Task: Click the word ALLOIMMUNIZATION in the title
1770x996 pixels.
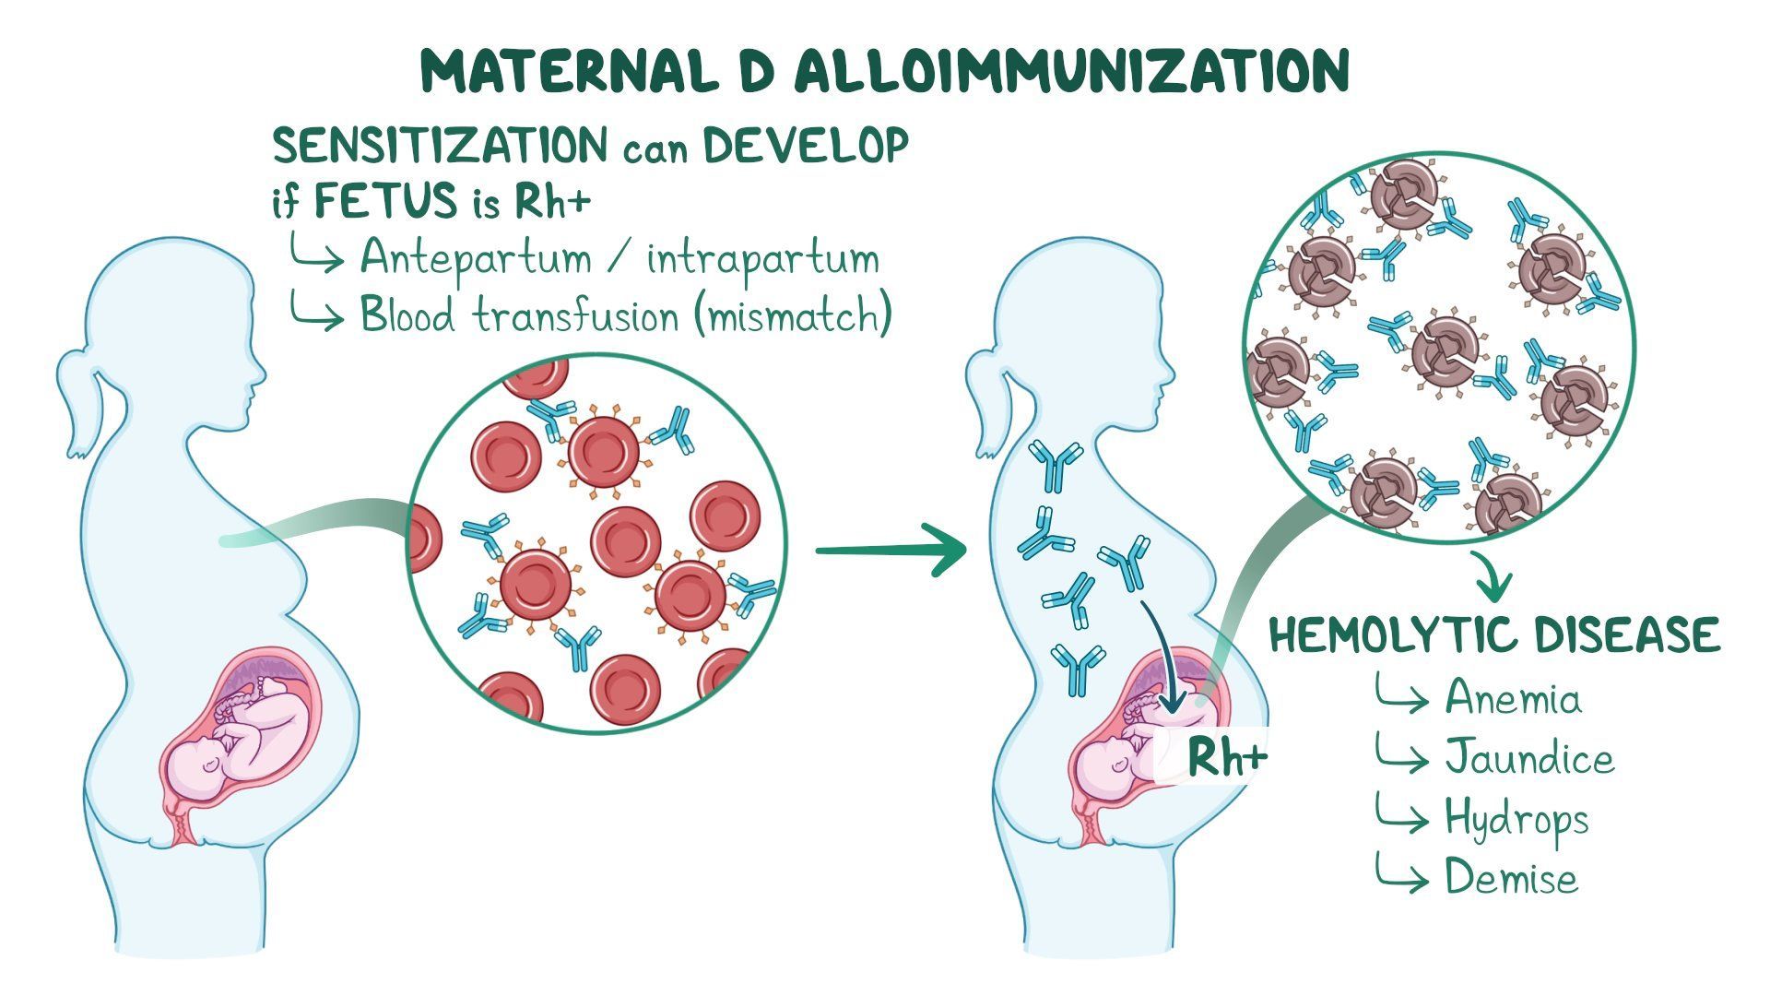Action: tap(1071, 71)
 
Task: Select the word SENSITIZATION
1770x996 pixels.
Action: tap(441, 147)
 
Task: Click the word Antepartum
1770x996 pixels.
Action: tap(476, 258)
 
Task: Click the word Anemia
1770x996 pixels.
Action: tap(1513, 697)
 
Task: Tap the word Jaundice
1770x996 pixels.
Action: tap(1529, 757)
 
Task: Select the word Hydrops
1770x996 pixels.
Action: tap(1516, 820)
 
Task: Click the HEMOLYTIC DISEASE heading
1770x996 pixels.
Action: tap(1494, 635)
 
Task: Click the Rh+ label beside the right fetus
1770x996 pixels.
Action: tap(1227, 758)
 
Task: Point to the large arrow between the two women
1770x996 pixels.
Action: tap(891, 551)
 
